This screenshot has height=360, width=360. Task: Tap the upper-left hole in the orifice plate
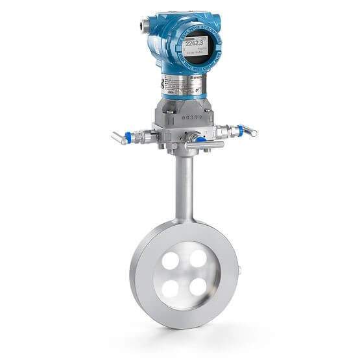(x=171, y=261)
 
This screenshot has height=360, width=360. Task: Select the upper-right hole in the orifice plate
(x=198, y=259)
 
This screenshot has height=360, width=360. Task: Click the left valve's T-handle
(x=119, y=138)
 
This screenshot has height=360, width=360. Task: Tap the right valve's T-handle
(x=248, y=130)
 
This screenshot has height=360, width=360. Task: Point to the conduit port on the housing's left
(x=141, y=27)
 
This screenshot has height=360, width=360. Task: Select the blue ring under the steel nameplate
(x=184, y=97)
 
